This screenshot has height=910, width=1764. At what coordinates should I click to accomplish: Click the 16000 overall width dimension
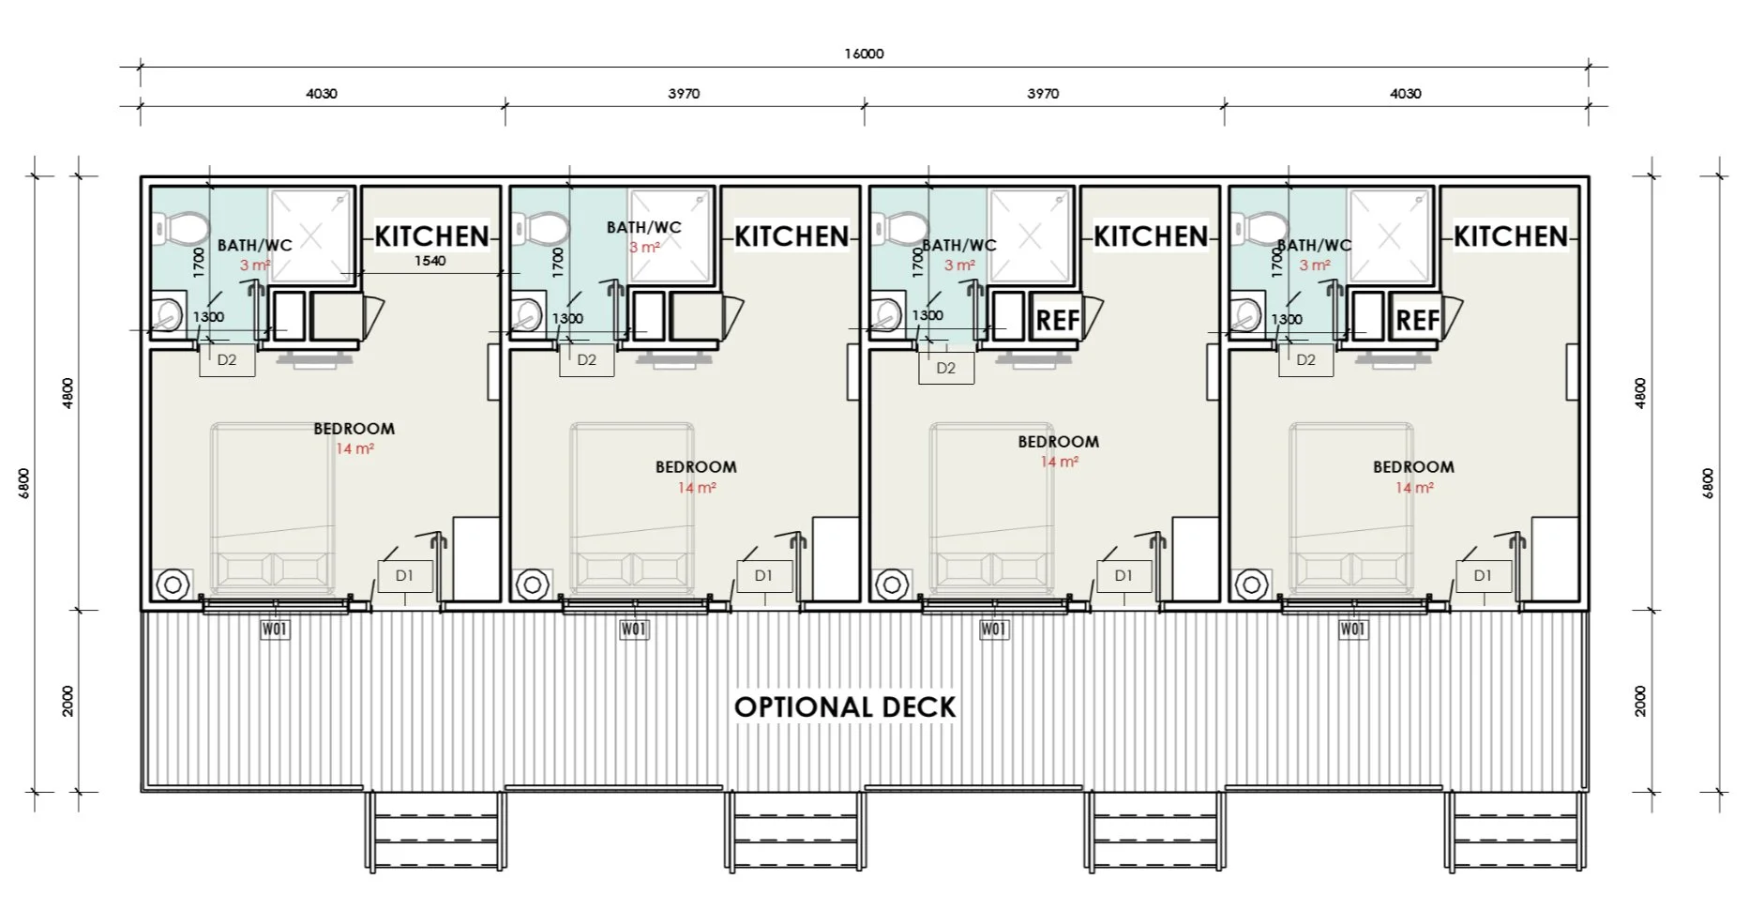864,53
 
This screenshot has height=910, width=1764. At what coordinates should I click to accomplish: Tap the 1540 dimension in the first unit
430,261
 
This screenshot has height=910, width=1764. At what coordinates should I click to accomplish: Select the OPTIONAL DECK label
845,706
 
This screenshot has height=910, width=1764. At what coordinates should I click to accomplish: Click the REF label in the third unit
1058,321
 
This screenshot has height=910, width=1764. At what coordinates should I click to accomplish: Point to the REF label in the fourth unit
1417,321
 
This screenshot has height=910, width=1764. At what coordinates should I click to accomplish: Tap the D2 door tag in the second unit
587,359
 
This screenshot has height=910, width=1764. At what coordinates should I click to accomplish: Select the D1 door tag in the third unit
1123,576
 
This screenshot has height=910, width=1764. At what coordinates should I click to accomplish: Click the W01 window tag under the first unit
275,629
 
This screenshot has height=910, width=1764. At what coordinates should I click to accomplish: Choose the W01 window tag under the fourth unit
1352,629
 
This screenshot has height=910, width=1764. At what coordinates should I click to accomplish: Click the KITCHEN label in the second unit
792,236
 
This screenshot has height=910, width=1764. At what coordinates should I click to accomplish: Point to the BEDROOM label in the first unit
354,429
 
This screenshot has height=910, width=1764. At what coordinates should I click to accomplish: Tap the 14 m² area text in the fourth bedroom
1414,488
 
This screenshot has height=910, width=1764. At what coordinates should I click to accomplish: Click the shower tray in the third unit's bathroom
1030,235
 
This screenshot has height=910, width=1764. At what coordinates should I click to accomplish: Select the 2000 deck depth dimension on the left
68,701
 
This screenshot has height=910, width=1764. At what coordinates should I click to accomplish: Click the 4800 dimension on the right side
1640,393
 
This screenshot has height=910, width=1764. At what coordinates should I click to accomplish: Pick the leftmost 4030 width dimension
322,94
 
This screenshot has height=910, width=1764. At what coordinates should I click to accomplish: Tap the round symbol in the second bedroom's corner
533,584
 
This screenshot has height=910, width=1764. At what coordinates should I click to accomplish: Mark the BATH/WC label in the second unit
644,227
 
